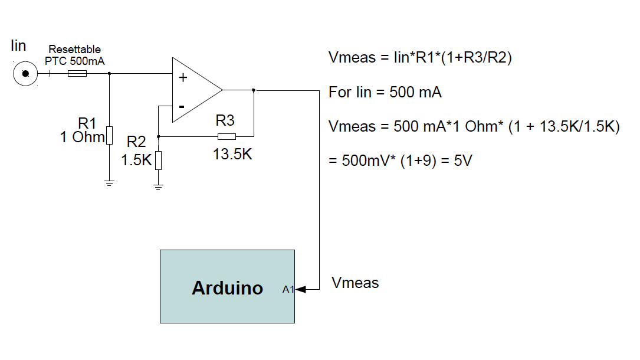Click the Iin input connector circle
tap(25, 74)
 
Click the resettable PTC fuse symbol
tap(77, 73)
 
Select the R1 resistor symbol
tap(109, 136)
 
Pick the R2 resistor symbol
tap(158, 160)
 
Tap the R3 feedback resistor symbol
tap(227, 136)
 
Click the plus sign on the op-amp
tap(183, 77)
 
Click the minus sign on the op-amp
tap(182, 107)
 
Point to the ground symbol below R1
tap(109, 183)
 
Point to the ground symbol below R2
tap(158, 187)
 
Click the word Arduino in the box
tap(227, 288)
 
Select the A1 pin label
tap(288, 289)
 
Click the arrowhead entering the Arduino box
tap(300, 289)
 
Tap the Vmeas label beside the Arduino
tap(355, 283)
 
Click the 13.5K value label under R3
tap(232, 154)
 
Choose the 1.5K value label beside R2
tap(136, 160)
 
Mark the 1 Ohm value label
tap(82, 137)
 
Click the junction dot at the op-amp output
tap(254, 90)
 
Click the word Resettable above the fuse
tap(75, 50)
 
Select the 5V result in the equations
tap(463, 161)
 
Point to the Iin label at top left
tap(18, 45)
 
